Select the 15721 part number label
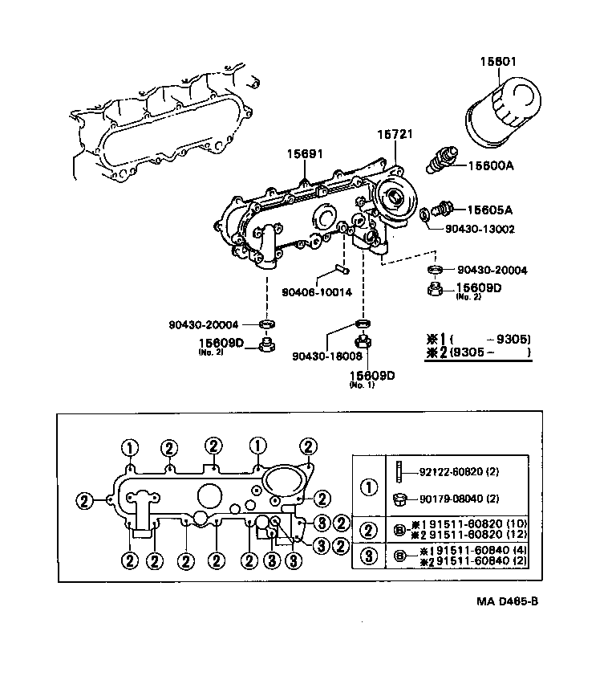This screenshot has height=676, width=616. coord(395,134)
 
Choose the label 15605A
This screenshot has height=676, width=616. coord(490,210)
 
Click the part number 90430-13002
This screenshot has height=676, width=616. coord(480,229)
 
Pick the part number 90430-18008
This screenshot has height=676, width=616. coord(326,355)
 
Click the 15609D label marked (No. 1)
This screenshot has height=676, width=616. coord(371,374)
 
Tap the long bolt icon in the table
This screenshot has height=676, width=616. coord(399,471)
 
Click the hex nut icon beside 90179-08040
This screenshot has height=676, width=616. coord(399,499)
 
